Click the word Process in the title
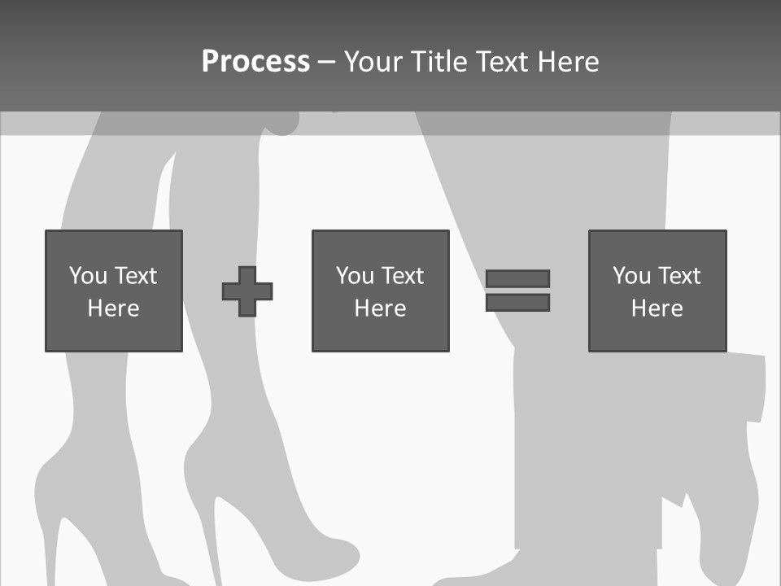pyautogui.click(x=255, y=61)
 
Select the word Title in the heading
pyautogui.click(x=440, y=61)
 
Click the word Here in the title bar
pyautogui.click(x=566, y=61)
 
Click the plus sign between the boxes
pyautogui.click(x=247, y=291)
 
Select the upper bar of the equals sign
pyautogui.click(x=517, y=278)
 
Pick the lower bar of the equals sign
pyautogui.click(x=517, y=302)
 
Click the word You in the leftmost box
pyautogui.click(x=87, y=276)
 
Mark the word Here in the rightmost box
pyautogui.click(x=657, y=308)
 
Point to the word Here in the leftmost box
pyautogui.click(x=113, y=308)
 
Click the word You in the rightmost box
pyautogui.click(x=631, y=276)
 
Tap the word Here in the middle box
pyautogui.click(x=380, y=308)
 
